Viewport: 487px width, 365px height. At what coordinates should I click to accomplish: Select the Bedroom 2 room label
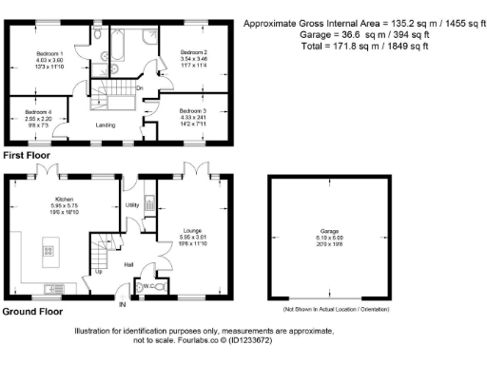coord(194,51)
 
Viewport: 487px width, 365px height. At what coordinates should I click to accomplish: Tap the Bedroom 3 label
coord(193,111)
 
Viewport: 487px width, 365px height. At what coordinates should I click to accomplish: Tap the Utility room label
coord(132,204)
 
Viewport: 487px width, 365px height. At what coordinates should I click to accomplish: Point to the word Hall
coord(129,265)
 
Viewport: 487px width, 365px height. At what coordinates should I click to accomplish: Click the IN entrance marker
coord(122,305)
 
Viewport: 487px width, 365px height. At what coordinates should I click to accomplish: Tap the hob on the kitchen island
coord(45,252)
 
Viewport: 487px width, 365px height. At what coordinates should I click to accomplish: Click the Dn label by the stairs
coord(139,88)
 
